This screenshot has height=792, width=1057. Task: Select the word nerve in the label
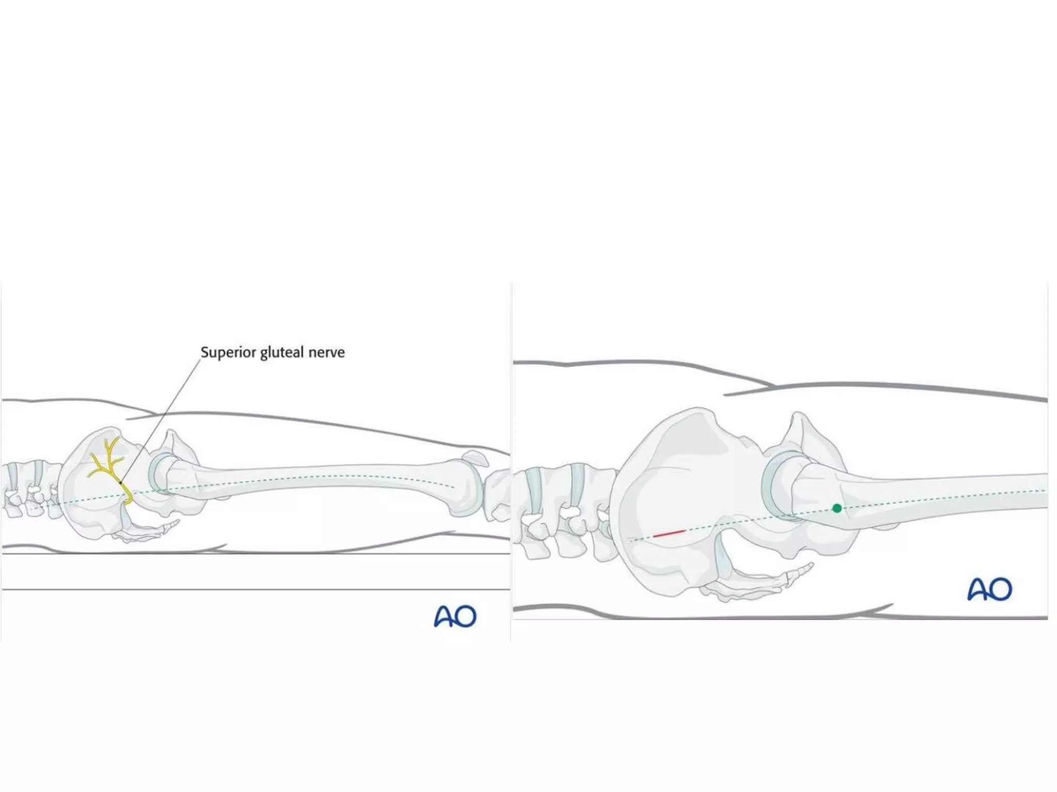coord(326,353)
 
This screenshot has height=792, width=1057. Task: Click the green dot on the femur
coord(837,508)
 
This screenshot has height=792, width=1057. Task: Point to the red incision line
coord(669,533)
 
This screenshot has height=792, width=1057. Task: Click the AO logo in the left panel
coord(455,616)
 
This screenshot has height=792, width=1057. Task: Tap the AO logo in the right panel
coord(989,589)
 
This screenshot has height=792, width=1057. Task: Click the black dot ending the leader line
coord(121,483)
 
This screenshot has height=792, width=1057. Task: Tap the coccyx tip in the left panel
coord(177,522)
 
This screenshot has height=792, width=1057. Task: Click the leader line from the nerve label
coord(160,418)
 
